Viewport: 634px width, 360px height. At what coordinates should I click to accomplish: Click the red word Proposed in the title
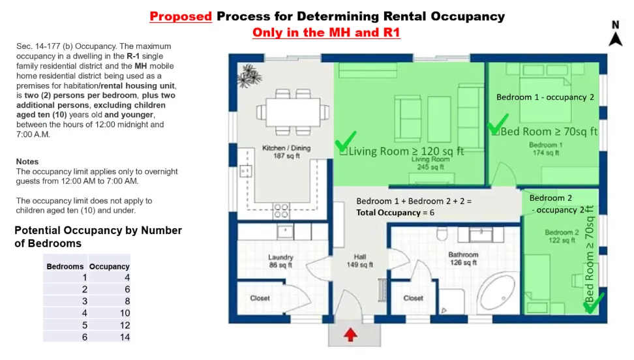pos(181,16)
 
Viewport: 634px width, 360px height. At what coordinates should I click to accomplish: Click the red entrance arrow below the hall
pos(350,335)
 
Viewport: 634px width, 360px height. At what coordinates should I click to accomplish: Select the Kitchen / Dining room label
pos(286,152)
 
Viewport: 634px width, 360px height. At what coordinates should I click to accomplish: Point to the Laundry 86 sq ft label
pos(280,261)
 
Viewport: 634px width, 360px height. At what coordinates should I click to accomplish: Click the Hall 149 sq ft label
pos(359,260)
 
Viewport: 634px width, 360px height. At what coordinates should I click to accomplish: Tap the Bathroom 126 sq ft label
pos(463,258)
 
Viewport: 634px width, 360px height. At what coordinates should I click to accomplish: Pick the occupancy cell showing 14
pos(125,337)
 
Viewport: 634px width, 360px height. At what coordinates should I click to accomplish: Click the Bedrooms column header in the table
pos(65,267)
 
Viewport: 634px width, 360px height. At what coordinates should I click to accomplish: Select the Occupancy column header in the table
pos(109,267)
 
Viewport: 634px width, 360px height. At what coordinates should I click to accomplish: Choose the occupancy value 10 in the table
pos(125,313)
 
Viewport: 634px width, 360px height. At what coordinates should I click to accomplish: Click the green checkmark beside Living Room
pos(346,141)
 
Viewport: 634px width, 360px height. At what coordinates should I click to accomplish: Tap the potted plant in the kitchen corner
pos(249,76)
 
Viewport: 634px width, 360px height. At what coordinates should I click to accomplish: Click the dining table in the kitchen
pos(293,112)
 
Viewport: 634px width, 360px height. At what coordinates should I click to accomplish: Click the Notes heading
pos(27,161)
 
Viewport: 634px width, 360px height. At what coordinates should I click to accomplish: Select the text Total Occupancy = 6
pos(395,213)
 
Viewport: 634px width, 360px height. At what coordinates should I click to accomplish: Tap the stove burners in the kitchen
pos(281,211)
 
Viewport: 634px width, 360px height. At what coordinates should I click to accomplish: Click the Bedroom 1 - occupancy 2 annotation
pos(545,97)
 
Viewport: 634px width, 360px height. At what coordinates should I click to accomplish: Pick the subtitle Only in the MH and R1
pos(326,33)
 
